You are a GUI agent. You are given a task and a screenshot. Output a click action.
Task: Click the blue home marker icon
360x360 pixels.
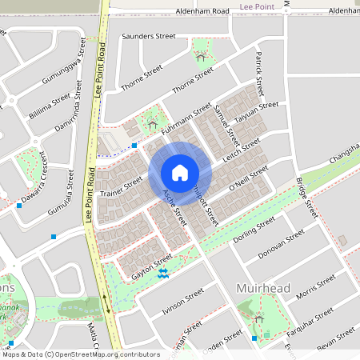[x=180, y=173]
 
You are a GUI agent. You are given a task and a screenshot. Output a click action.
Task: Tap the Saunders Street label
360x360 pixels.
[x=148, y=36]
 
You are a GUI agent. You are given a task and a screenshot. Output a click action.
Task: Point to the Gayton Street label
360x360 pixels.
[x=151, y=266]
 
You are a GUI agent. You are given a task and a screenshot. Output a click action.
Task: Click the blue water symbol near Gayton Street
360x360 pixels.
[x=163, y=274]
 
